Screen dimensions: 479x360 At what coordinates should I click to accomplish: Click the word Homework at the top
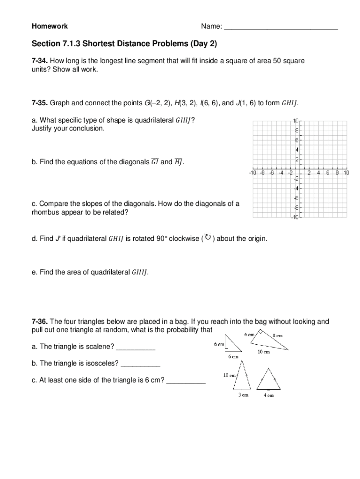(50, 26)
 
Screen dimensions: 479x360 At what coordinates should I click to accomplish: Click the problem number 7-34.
(40, 61)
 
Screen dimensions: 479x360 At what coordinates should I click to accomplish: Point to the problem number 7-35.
(40, 103)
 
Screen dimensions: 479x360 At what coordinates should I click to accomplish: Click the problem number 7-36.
(40, 321)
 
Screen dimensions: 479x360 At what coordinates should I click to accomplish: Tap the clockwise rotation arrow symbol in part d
(208, 238)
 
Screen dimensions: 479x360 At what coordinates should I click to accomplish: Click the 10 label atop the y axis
(296, 121)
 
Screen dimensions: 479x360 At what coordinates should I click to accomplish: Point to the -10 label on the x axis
(253, 173)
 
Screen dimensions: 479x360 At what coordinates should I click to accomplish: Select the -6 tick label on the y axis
(296, 198)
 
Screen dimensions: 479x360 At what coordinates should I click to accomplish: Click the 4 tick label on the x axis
(318, 173)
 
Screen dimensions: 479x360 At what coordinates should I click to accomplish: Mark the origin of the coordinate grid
(300, 169)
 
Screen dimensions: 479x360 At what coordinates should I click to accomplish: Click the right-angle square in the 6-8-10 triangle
(260, 333)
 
